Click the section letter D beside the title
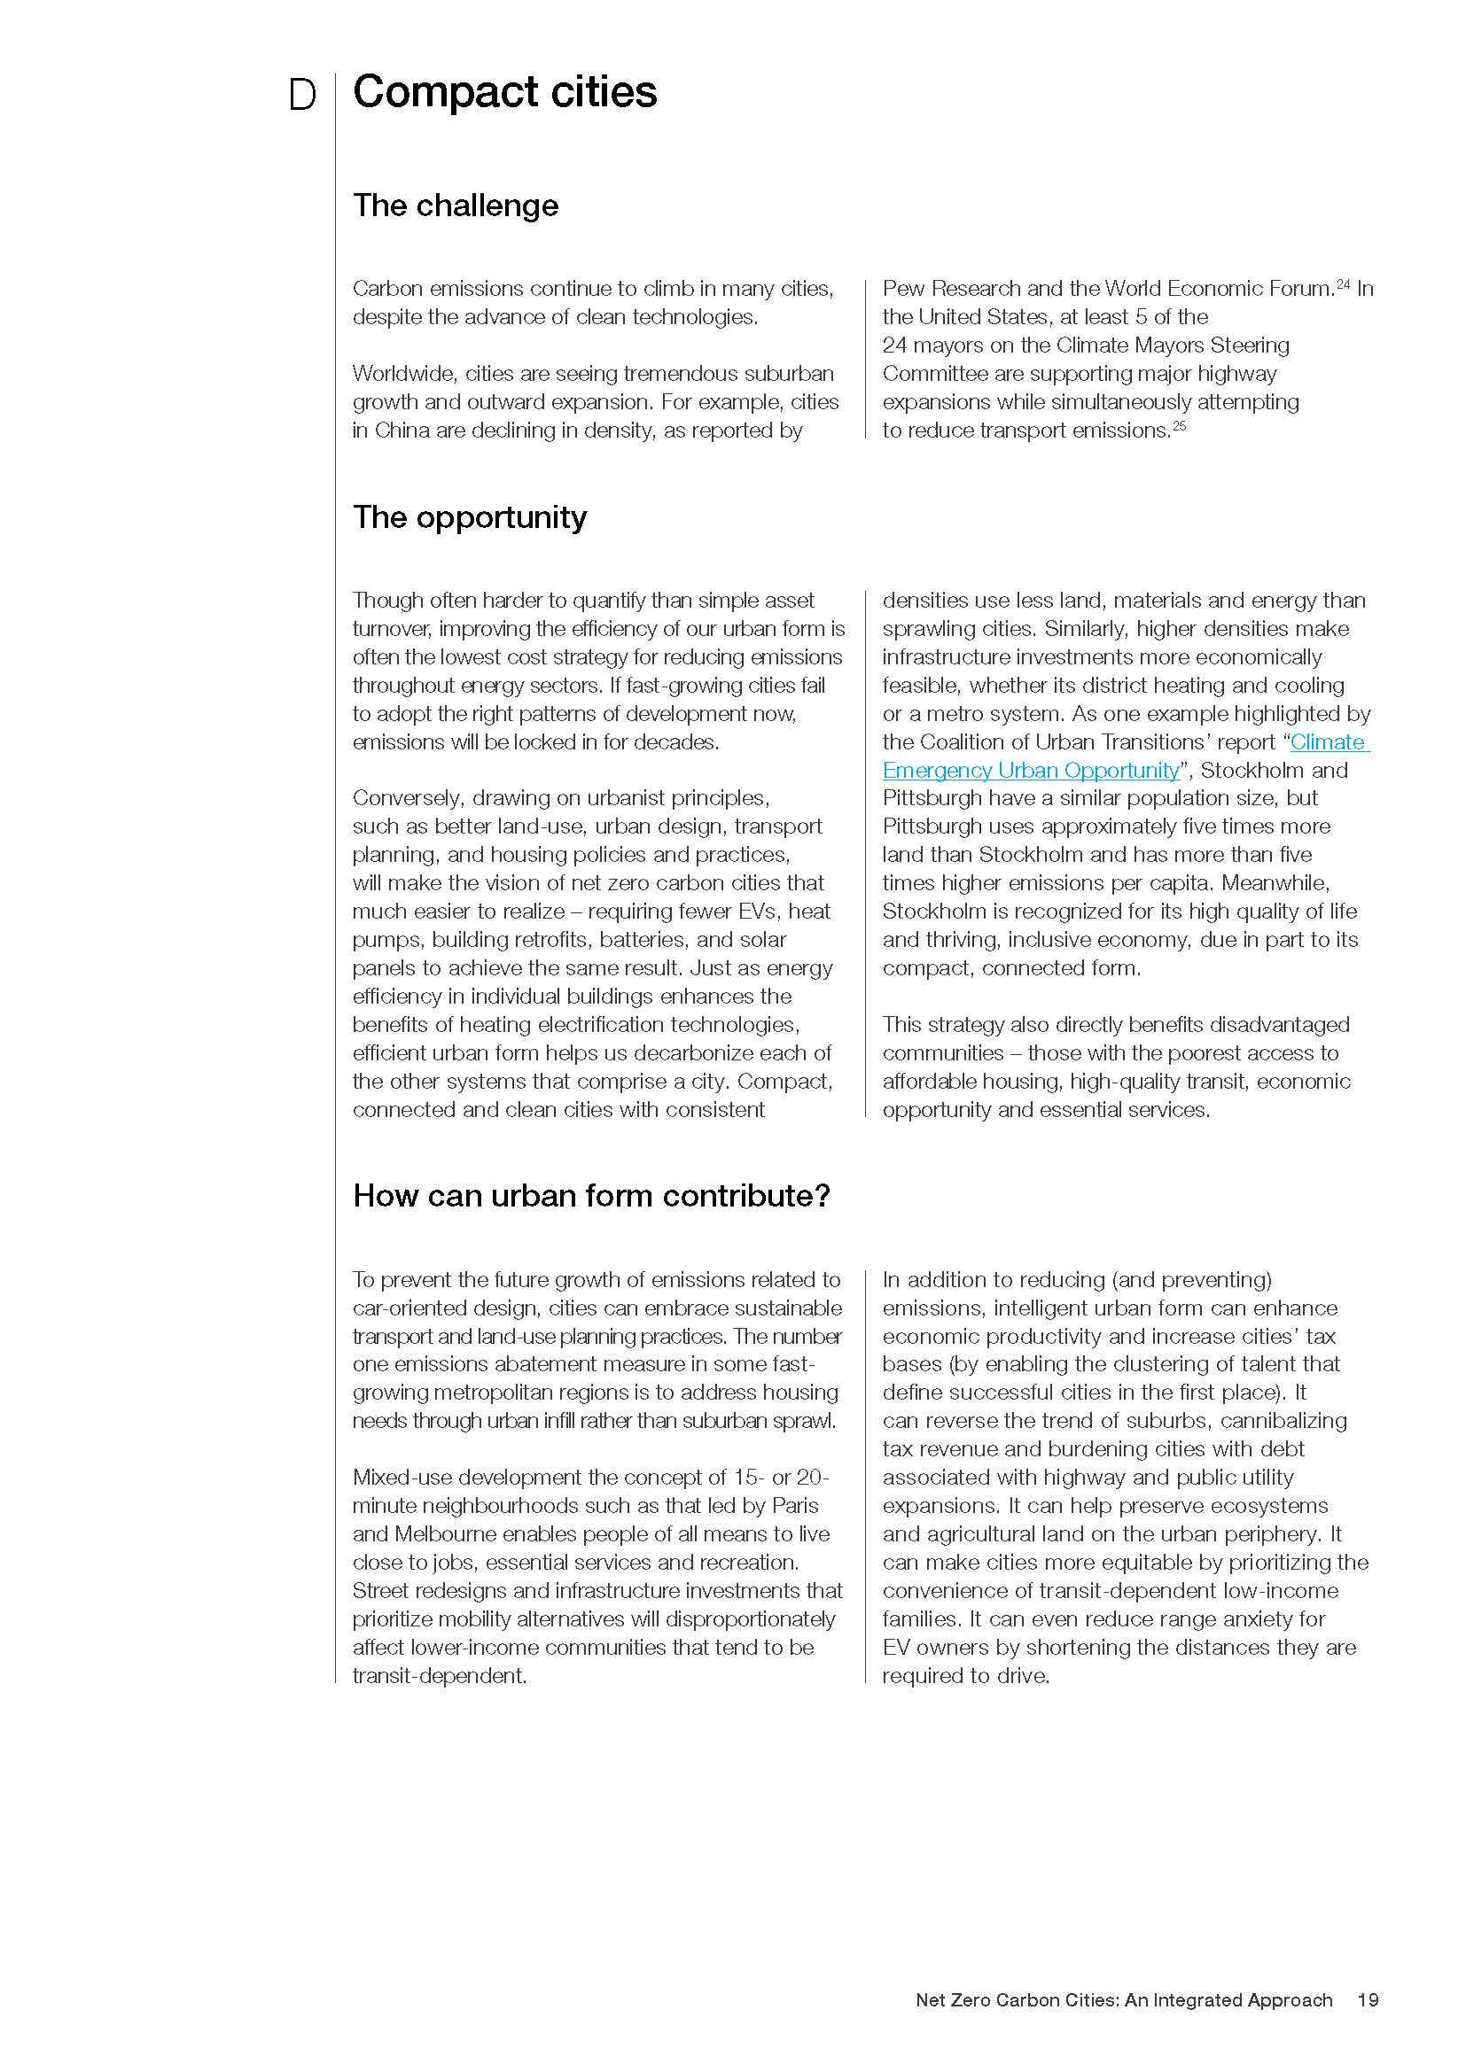click(x=301, y=96)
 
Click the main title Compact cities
click(x=504, y=92)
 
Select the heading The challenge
click(x=455, y=206)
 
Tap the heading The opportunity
click(x=470, y=517)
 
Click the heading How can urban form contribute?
click(x=591, y=1196)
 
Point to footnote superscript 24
click(x=1342, y=285)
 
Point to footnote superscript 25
click(x=1179, y=426)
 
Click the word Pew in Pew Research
click(x=903, y=289)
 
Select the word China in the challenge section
click(x=402, y=431)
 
